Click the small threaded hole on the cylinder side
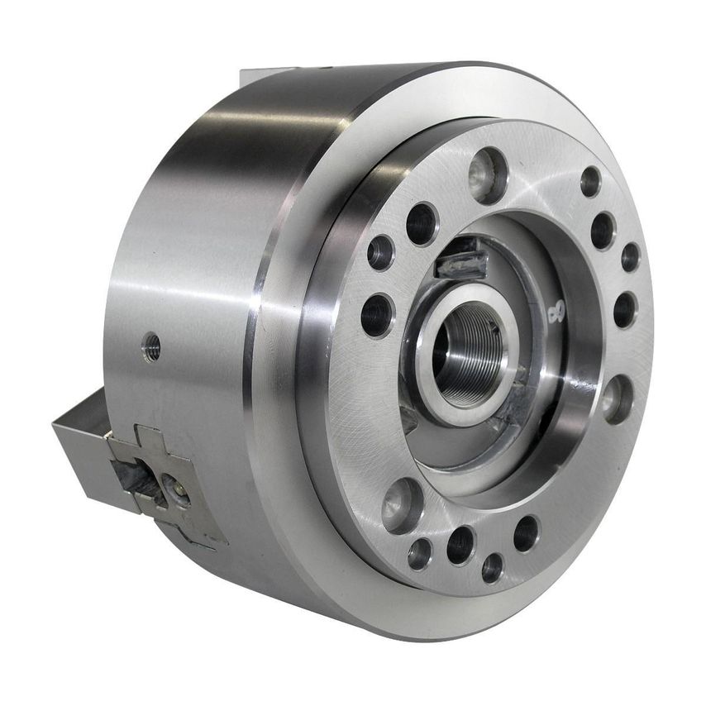click(150, 346)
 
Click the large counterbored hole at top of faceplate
click(488, 174)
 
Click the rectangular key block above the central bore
click(460, 260)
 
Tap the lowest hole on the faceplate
click(492, 567)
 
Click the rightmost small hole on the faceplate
click(630, 257)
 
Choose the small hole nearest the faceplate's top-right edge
click(590, 181)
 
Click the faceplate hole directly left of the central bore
click(377, 315)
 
